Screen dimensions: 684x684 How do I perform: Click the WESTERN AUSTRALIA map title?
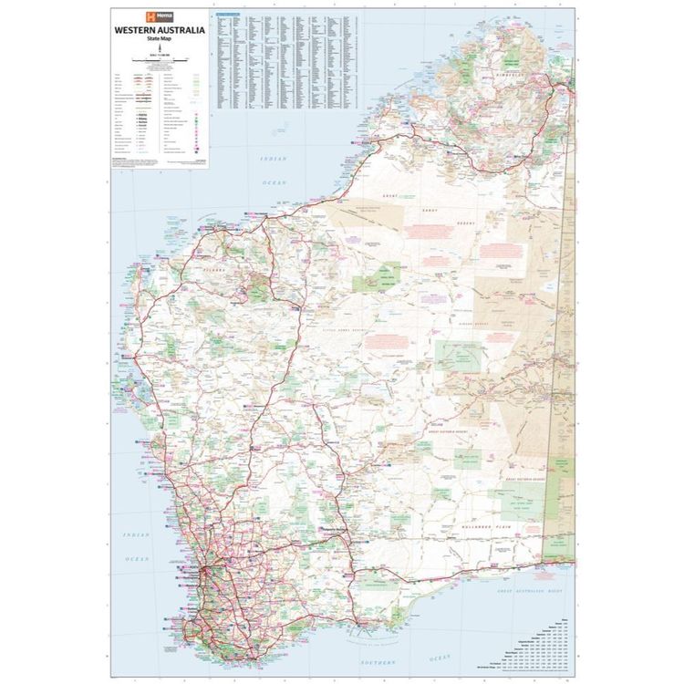[159, 30]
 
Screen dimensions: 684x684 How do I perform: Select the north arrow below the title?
[159, 49]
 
